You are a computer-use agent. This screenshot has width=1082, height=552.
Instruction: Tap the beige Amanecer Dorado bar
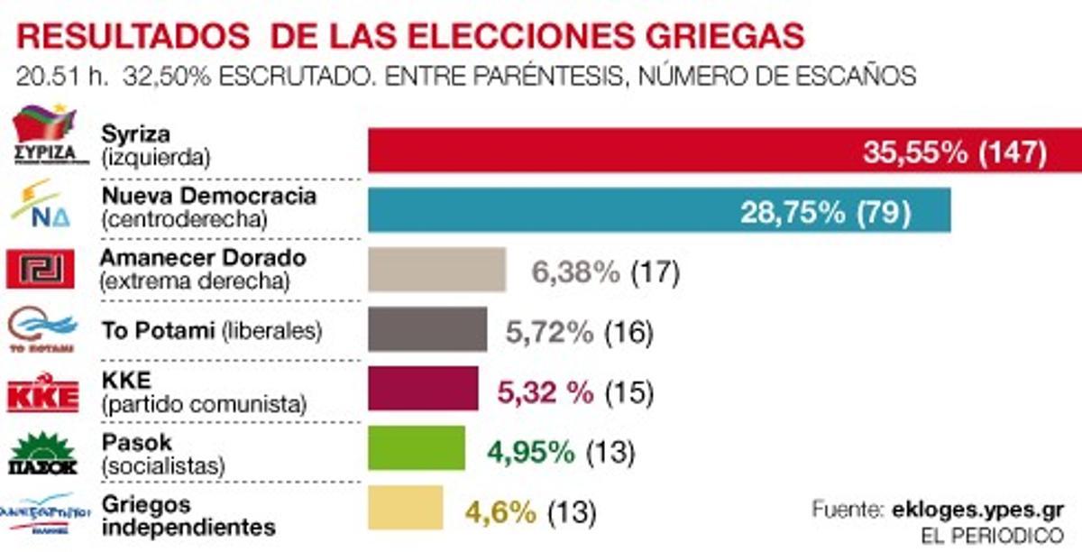click(x=436, y=270)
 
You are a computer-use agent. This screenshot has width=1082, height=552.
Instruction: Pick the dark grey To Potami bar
click(x=427, y=329)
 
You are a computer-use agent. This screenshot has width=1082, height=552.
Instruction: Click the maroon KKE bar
click(x=423, y=389)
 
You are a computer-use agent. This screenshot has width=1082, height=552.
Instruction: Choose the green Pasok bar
click(x=417, y=448)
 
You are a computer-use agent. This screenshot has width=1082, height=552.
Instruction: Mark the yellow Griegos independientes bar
click(x=406, y=508)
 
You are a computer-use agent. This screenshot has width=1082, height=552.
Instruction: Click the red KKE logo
click(x=42, y=393)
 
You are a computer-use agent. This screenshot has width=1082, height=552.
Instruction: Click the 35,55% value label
click(x=914, y=152)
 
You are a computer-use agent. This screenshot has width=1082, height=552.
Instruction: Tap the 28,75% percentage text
click(x=793, y=212)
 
